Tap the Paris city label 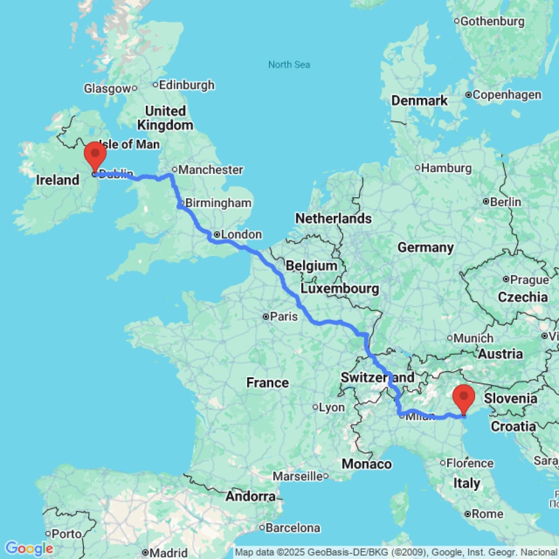(283, 317)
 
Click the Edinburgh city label (186, 85)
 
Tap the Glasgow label (107, 88)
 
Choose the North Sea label (289, 65)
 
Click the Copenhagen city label (506, 94)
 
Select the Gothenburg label (492, 22)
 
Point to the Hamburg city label (446, 168)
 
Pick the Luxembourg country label (340, 289)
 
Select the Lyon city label (331, 408)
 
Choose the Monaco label (367, 464)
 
